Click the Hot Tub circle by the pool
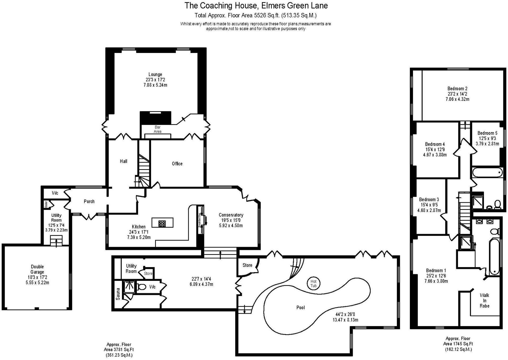(313, 283)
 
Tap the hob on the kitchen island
(162, 224)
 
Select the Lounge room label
(155, 74)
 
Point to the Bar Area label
(157, 129)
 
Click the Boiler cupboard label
(46, 204)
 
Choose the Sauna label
(118, 294)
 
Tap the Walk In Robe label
(484, 300)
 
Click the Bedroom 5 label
(487, 133)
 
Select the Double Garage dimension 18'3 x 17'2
(37, 277)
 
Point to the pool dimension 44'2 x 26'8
(345, 314)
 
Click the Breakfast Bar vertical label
(200, 220)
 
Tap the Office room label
(177, 164)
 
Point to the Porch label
(89, 201)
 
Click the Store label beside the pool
(247, 265)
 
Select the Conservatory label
(231, 215)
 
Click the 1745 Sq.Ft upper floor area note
(458, 344)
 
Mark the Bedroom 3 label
(429, 200)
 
